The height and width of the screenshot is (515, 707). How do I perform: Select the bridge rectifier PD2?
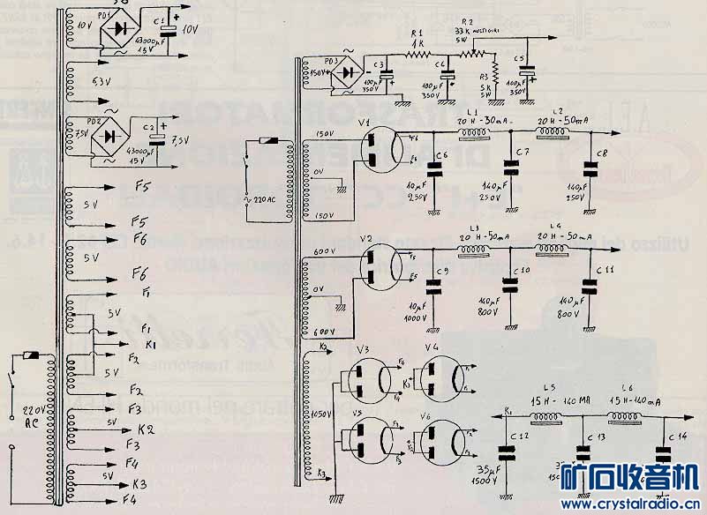point(111,136)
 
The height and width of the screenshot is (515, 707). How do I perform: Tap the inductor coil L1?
point(477,132)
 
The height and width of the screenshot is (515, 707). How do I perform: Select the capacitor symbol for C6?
point(435,167)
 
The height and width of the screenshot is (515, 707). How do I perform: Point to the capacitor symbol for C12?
point(507,453)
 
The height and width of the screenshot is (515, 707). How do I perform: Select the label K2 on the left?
point(146,429)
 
